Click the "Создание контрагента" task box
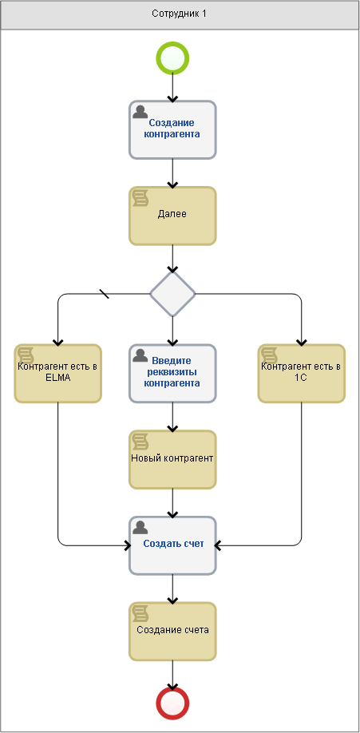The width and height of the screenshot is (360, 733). click(172, 130)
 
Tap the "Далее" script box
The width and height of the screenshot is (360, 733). click(172, 216)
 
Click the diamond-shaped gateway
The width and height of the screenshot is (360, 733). click(172, 294)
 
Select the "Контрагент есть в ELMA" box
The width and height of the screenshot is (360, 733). click(58, 374)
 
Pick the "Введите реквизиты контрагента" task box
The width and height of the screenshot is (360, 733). click(172, 374)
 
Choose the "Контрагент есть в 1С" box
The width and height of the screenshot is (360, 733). click(302, 374)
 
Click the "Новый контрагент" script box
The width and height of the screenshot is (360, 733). click(172, 460)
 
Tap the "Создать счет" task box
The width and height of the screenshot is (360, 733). click(172, 545)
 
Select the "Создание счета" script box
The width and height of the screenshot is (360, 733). click(172, 632)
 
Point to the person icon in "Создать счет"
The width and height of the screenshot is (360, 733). click(140, 527)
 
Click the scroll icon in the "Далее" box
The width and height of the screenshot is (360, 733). click(140, 198)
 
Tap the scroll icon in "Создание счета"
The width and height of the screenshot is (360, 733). click(140, 613)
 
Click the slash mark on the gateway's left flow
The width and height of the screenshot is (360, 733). click(105, 294)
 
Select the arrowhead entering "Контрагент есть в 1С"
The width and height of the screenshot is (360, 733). click(302, 343)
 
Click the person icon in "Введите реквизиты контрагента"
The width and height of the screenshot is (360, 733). click(140, 355)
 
